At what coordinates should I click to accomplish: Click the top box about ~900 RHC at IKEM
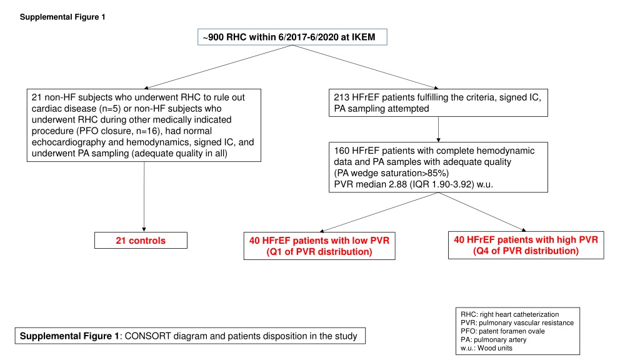292,37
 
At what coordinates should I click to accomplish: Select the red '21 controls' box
141,241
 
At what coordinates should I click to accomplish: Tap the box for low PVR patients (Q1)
319,246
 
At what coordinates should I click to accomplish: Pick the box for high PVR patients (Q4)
526,245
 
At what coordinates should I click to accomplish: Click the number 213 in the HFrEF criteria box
341,97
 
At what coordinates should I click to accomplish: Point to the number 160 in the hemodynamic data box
342,151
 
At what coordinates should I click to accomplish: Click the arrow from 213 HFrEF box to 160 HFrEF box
438,129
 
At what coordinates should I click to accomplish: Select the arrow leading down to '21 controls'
144,197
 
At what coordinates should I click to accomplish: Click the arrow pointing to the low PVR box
379,212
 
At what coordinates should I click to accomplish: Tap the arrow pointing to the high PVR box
482,212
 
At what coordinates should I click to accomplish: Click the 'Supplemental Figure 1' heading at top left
62,17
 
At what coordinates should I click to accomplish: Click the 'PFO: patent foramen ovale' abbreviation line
502,331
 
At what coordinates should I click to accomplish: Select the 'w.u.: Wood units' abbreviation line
486,348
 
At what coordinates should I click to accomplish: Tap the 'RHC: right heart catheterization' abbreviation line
509,314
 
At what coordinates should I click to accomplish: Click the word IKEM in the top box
363,37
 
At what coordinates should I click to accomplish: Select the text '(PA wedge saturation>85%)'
391,173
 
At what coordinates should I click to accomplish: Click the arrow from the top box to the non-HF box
218,67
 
